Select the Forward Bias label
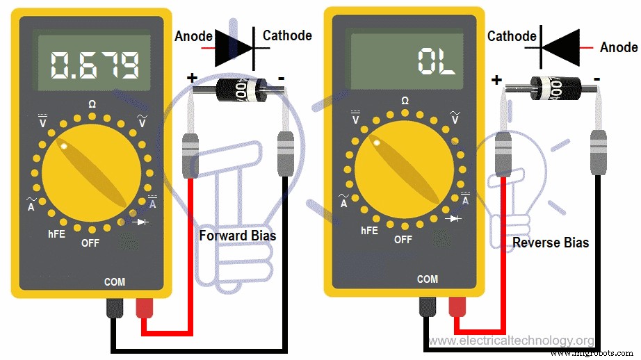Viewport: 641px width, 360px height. [x=237, y=236]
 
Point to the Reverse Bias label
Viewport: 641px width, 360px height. [x=551, y=243]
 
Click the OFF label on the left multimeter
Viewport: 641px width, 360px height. [x=90, y=243]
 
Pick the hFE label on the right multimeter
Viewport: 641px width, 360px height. [x=370, y=231]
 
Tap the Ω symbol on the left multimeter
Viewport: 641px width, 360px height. [x=92, y=104]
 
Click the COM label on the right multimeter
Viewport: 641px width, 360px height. [x=428, y=279]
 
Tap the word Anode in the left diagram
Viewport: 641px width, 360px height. [x=193, y=35]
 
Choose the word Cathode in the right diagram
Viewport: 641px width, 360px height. [x=512, y=35]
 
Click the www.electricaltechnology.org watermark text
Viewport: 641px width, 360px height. [x=512, y=341]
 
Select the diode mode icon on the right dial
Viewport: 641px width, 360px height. [x=455, y=218]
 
